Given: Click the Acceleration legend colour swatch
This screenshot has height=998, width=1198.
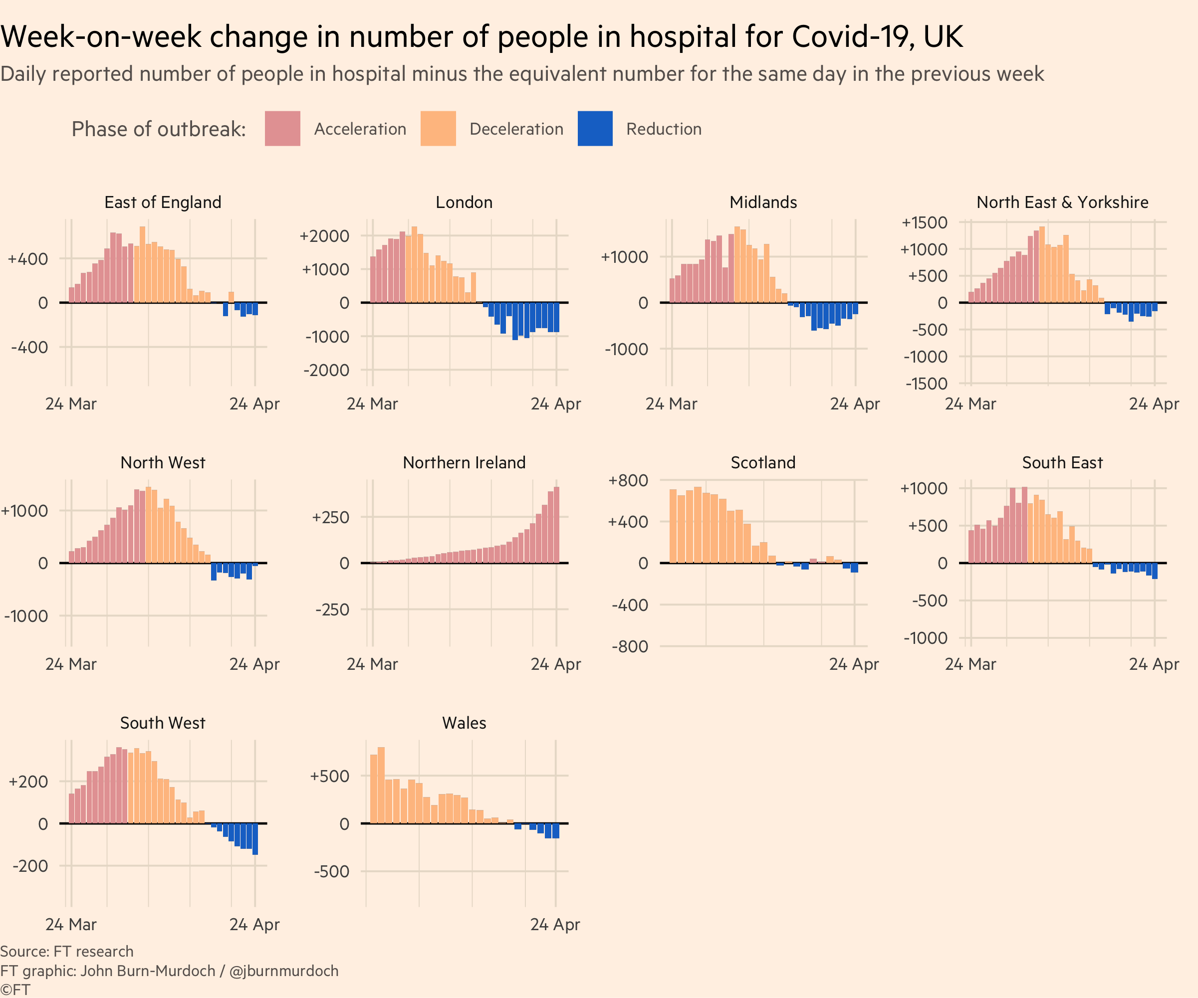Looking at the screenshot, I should click(282, 129).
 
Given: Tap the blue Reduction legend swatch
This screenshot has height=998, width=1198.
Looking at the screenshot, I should click(594, 129).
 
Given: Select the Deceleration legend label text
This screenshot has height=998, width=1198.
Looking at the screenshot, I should click(516, 130).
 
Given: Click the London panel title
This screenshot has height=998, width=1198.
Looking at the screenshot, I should click(464, 202).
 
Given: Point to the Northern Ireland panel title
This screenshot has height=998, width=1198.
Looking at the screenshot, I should click(464, 462).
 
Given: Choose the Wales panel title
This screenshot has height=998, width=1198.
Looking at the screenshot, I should click(464, 723).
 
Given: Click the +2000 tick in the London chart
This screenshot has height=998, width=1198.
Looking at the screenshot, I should click(325, 236).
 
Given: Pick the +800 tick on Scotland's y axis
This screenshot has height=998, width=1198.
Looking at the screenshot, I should click(628, 481).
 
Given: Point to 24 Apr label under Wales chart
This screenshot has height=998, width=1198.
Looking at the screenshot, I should click(554, 924).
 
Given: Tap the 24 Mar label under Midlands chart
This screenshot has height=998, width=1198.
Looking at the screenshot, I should click(671, 404).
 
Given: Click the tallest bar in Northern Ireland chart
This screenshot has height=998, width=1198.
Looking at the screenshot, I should click(556, 525).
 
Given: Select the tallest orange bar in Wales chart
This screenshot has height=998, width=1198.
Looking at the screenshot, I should click(381, 785).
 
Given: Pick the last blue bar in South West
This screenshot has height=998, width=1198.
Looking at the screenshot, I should click(255, 838).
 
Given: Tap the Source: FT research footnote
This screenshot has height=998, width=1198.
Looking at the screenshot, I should click(67, 951).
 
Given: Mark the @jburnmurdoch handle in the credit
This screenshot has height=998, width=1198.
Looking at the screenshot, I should click(283, 971).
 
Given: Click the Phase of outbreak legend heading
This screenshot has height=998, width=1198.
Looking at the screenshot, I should click(159, 130).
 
